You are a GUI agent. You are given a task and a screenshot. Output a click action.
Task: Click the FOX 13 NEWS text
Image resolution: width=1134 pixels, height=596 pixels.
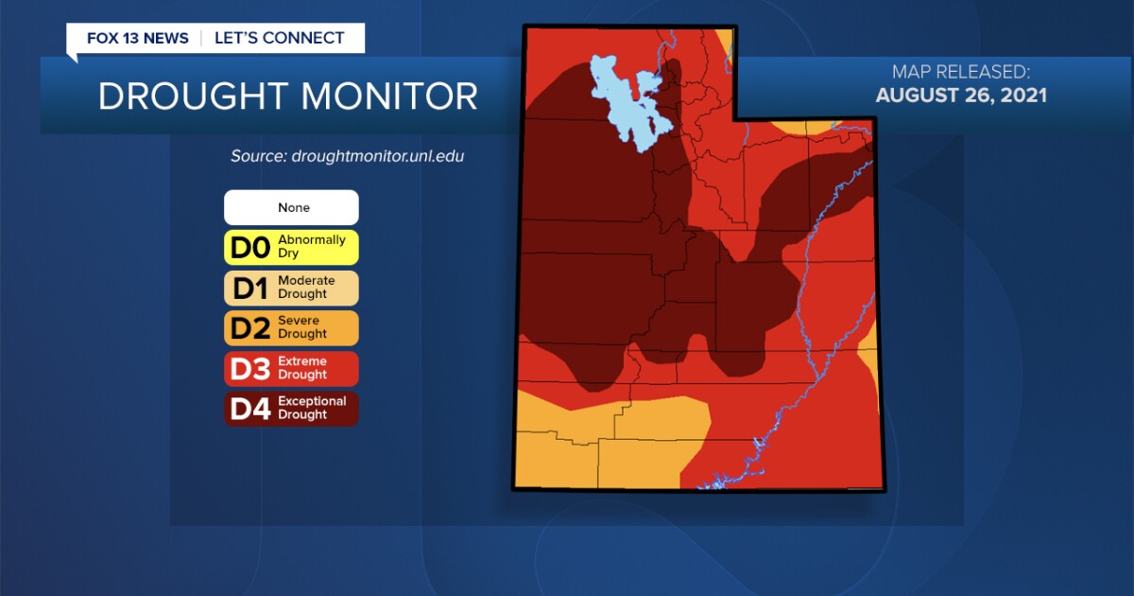coord(137,39)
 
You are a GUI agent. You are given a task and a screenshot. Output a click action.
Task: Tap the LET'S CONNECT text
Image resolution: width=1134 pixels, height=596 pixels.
coord(279,39)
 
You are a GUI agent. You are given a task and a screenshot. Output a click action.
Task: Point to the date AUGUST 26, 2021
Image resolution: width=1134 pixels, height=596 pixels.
coord(961,96)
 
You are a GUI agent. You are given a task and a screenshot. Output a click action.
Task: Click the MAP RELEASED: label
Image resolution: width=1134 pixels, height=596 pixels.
coord(961,72)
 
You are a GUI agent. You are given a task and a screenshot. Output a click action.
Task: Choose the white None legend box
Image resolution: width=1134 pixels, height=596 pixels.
coord(291,207)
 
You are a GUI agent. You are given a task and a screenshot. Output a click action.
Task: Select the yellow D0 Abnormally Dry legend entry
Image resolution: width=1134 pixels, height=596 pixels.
coord(291,248)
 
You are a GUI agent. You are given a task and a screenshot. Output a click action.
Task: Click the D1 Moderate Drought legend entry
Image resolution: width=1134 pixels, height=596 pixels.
coord(291,288)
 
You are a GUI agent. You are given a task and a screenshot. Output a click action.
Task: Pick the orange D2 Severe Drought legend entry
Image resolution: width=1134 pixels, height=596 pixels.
coord(291,327)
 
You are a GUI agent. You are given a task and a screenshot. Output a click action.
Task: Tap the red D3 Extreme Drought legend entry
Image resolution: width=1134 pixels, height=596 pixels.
coord(291,368)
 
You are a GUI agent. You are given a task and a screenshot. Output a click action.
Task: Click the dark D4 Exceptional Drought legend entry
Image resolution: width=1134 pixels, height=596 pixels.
coord(291,408)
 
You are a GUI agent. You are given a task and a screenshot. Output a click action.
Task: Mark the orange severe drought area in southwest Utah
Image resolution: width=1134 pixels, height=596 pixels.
coord(605,445)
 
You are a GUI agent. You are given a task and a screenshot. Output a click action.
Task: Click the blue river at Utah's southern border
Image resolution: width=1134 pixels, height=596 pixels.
coord(713,483)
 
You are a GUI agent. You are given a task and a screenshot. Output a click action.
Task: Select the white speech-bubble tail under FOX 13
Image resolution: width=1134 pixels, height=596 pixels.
coord(73,57)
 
